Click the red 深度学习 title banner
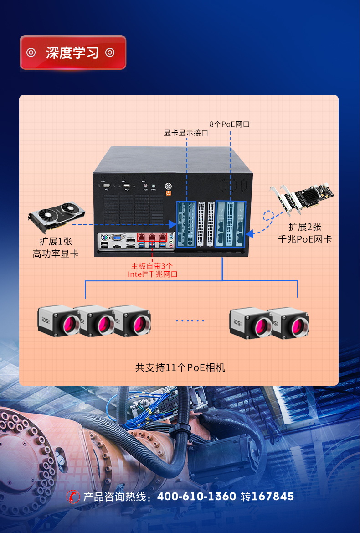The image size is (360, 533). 72,52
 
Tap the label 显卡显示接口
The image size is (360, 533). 186,133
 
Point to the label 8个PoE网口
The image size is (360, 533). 230,124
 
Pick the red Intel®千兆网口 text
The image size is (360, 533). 152,274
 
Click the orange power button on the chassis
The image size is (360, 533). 168,193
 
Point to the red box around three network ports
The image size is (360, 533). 152,238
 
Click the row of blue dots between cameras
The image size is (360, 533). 190,321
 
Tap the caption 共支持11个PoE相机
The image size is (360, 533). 180,367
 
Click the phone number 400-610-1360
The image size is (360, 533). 196,497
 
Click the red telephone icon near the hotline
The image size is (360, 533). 73,496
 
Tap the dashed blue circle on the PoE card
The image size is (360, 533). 270,215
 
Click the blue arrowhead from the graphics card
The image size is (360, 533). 172,224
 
